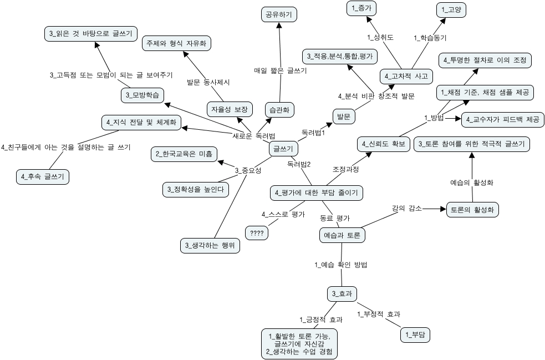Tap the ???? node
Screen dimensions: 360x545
[257, 234]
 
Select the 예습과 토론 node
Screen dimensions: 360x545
[342, 235]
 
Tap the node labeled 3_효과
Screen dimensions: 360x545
[342, 293]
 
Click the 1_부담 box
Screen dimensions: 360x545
[415, 334]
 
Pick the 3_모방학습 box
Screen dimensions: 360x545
[143, 95]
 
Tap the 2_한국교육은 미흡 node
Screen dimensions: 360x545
[184, 154]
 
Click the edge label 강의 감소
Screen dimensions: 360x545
[407, 208]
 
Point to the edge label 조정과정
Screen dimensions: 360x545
[345, 169]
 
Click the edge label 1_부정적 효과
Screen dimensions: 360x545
[378, 314]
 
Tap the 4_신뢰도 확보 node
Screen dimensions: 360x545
[383, 144]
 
